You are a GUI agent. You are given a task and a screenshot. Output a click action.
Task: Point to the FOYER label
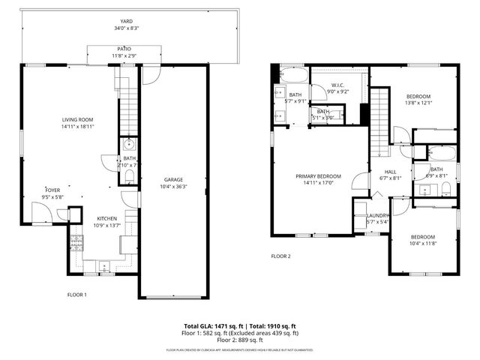coord(52,190)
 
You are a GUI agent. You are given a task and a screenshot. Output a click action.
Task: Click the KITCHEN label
coord(105,218)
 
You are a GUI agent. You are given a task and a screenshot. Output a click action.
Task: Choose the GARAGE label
coord(174,179)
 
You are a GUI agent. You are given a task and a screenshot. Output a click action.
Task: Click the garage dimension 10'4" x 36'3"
coord(174,187)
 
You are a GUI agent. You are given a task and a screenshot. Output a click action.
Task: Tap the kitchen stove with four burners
coord(76,242)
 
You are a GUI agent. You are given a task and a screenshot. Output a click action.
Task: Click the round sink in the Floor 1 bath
coord(129,144)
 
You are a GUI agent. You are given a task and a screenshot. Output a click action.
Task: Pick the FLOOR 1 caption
coord(77,295)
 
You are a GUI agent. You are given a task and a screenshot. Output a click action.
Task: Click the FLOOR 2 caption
coord(280,256)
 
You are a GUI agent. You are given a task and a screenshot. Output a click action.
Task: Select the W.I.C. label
coord(338,85)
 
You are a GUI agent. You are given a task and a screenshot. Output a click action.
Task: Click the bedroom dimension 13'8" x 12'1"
coord(418,103)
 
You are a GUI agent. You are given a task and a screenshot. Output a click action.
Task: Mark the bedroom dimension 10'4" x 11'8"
coord(423,243)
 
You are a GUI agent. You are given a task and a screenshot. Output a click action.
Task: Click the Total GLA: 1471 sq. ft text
coord(211,326)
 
